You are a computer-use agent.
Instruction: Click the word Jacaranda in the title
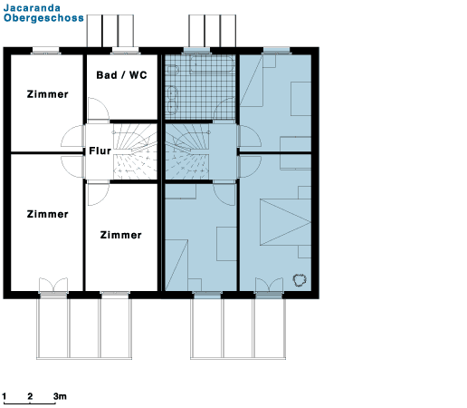coord(32,7)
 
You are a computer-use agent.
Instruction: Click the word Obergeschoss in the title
coord(43,18)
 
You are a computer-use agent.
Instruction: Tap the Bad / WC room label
coord(121,75)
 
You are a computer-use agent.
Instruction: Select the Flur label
coord(100,151)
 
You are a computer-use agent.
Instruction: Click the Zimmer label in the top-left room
coord(48,94)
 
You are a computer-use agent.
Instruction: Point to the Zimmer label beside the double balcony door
coord(48,214)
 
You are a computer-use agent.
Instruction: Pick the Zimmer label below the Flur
coord(121,235)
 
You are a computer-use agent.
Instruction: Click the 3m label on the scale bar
coord(60,396)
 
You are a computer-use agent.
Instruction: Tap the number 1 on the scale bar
coord(5,396)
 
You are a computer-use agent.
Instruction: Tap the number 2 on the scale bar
coord(30,396)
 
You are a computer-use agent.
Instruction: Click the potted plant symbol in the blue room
coord(300,280)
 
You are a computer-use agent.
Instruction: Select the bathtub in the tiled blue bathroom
coord(212,63)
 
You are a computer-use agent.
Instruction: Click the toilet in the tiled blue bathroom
coord(172,70)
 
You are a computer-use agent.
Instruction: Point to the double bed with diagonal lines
coord(285,222)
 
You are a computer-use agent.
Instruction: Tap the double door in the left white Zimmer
coord(53,285)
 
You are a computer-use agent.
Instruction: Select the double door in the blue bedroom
coord(269,285)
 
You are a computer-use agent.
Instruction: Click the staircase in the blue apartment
coord(187,151)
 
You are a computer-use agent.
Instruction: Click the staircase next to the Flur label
coord(135,151)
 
